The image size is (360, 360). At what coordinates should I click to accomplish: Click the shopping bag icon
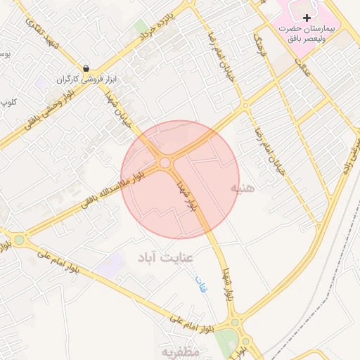pos(86,69)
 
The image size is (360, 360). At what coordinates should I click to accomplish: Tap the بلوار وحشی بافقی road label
pos(40,111)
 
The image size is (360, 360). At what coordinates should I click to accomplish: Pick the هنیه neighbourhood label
pos(238,189)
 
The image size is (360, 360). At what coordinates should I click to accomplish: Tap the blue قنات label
pos(200,284)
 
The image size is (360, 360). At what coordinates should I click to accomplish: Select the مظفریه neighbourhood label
pos(180,351)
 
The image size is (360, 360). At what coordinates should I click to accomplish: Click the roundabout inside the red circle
pos(165,163)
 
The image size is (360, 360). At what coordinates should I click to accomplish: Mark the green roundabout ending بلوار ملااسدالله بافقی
pos(19,240)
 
